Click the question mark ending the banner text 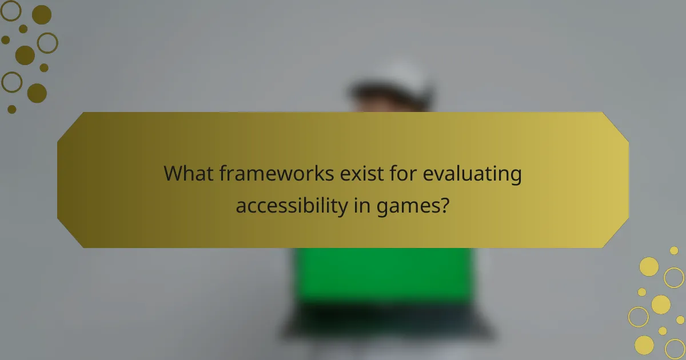click(443, 205)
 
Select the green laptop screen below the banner click(383, 274)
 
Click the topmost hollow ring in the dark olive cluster click(11, 10)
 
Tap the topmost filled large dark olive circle click(41, 14)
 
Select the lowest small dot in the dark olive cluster click(12, 109)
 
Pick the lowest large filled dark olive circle click(37, 93)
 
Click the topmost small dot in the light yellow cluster click(674, 250)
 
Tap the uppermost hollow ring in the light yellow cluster click(674, 278)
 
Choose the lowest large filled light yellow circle click(644, 345)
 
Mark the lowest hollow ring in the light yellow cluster click(675, 349)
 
